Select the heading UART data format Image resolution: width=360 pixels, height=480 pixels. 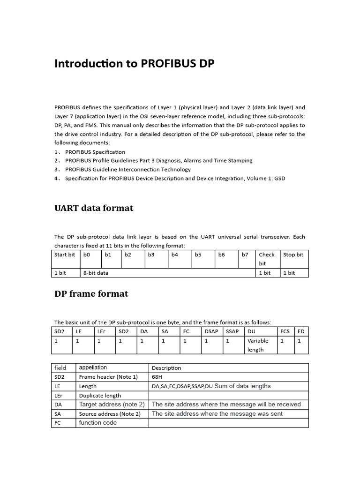pyautogui.click(x=94, y=208)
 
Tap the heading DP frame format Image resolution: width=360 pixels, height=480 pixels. pyautogui.click(x=91, y=294)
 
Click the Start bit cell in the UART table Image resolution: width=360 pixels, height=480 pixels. pyautogui.click(x=65, y=255)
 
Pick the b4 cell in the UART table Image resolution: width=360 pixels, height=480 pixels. pyautogui.click(x=175, y=255)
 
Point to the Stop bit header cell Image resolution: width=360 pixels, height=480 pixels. pyautogui.click(x=293, y=255)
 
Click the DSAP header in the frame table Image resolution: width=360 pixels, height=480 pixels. pyautogui.click(x=211, y=331)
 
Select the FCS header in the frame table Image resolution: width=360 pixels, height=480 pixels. pyautogui.click(x=285, y=331)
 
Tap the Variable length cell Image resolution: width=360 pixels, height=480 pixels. pyautogui.click(x=258, y=345)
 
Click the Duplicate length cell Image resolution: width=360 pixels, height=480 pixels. pyautogui.click(x=100, y=396)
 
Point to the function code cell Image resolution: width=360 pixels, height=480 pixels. pyautogui.click(x=98, y=423)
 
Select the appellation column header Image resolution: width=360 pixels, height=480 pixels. pyautogui.click(x=93, y=368)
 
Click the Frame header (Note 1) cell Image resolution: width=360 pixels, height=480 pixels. pyautogui.click(x=108, y=377)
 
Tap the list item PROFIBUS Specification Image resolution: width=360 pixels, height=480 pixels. pyautogui.click(x=95, y=152)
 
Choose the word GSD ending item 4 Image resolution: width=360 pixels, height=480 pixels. pyautogui.click(x=279, y=179)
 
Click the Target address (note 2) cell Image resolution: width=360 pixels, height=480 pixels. pyautogui.click(x=112, y=405)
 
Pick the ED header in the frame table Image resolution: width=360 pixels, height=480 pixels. pyautogui.click(x=301, y=331)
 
